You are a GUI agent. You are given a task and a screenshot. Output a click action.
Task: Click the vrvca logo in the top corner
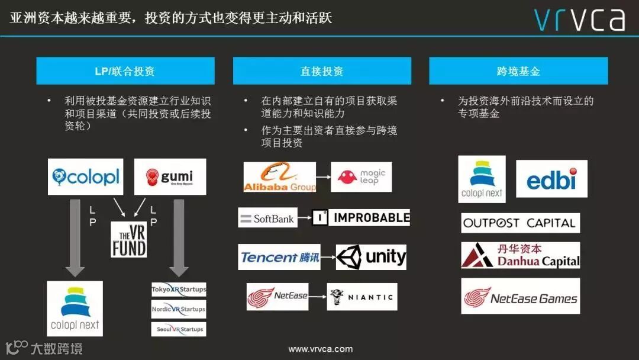[579, 19]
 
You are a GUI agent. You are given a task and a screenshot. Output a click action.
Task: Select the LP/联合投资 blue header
[125, 71]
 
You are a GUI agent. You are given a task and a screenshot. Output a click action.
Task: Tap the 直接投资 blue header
[322, 71]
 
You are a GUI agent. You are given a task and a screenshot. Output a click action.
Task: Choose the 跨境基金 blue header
[518, 71]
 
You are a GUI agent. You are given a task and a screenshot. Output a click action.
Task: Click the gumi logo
[170, 176]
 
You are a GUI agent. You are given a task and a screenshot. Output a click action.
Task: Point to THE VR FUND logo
[128, 239]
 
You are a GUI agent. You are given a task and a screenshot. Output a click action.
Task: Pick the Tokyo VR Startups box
[179, 290]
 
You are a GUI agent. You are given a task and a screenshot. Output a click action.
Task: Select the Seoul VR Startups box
[179, 329]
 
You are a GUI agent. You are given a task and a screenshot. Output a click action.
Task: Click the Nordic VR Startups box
[179, 309]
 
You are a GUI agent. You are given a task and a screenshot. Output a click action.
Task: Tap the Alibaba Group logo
[280, 177]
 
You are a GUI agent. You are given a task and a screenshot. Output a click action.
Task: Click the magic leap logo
[361, 177]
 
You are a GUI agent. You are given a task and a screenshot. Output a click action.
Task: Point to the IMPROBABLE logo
[361, 217]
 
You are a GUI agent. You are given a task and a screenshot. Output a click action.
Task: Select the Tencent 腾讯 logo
[279, 257]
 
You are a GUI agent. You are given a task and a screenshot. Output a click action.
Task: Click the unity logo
[371, 257]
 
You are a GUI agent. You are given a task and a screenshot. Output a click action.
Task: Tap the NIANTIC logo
[362, 297]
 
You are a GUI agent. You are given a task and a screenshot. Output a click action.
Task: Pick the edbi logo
[551, 179]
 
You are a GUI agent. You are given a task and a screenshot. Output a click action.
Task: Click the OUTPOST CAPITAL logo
[520, 223]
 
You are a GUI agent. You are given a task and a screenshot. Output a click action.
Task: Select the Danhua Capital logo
[520, 255]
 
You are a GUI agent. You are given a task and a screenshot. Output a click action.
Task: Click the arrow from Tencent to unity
[328, 258]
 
